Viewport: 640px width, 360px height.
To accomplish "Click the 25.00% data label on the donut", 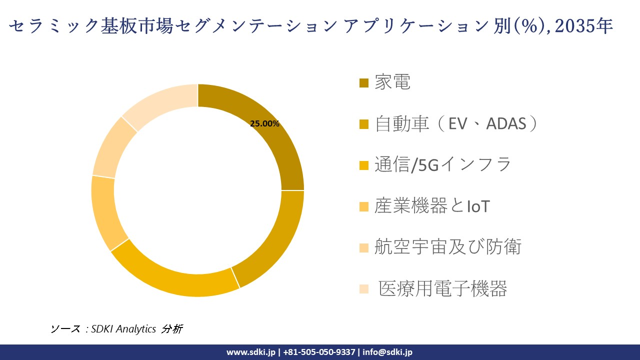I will [x=264, y=124].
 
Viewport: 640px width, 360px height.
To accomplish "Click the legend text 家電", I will [x=392, y=82].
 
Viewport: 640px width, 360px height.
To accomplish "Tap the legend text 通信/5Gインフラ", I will [x=443, y=164].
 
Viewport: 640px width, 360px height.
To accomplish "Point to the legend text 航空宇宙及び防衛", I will [x=448, y=247].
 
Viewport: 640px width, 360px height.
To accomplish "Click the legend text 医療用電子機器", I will [x=443, y=288].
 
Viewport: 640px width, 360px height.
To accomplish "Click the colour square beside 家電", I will [x=364, y=82].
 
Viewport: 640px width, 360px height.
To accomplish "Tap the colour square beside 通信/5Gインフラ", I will [x=364, y=165].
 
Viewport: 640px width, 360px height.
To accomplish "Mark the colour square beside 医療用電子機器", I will [x=364, y=288].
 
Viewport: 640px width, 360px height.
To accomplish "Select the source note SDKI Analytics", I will [x=123, y=328].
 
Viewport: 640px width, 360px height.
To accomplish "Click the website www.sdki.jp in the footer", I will [x=251, y=352].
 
